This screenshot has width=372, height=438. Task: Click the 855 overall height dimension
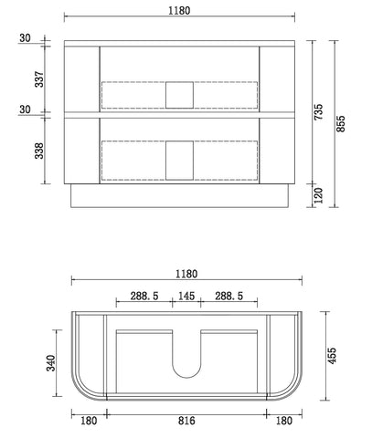(x=341, y=123)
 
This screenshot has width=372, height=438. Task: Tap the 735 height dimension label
(x=318, y=111)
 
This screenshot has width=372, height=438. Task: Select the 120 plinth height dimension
(x=318, y=195)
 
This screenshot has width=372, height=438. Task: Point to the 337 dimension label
(x=39, y=79)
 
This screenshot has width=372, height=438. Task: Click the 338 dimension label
(x=39, y=151)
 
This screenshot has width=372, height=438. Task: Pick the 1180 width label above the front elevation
(x=179, y=11)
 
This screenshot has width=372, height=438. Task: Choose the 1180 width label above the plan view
(x=186, y=274)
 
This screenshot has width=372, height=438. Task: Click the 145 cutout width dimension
(x=186, y=296)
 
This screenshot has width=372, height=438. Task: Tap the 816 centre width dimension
(x=186, y=421)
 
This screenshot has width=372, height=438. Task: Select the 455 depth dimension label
(x=332, y=356)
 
